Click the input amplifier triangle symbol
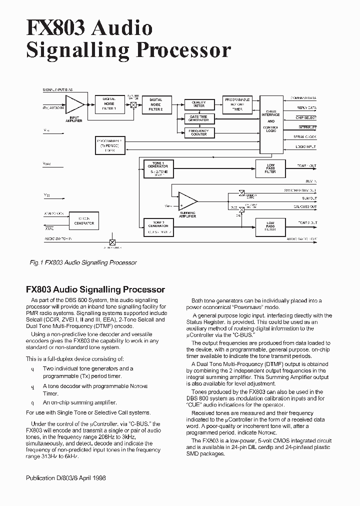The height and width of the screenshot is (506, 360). point(74,104)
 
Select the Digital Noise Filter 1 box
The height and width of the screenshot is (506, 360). point(108,103)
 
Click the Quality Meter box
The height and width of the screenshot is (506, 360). point(198,104)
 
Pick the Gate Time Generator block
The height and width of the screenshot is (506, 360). point(198,118)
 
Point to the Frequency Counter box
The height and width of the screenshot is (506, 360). point(198,132)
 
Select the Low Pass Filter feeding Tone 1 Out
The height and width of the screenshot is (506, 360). point(270,168)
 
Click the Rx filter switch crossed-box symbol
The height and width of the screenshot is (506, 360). point(133,104)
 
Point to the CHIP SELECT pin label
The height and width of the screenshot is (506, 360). point(306,117)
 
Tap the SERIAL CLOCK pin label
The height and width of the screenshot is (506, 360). point(305,137)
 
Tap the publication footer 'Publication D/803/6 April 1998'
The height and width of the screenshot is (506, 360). point(65,478)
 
